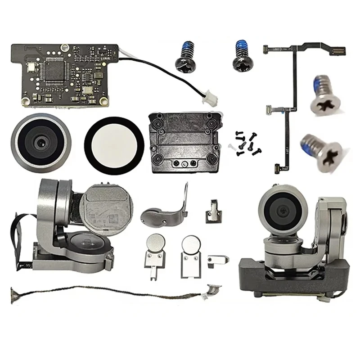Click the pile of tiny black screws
point(245,144)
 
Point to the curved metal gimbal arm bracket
point(164,211)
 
